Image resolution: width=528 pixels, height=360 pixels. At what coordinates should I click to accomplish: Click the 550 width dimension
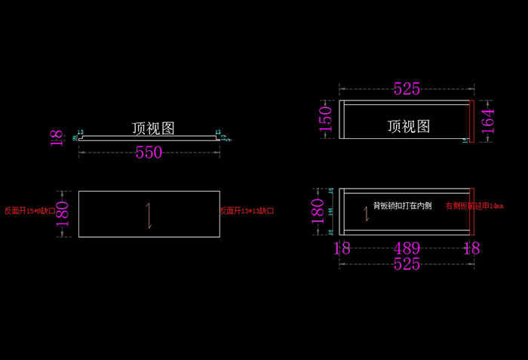tap(149, 152)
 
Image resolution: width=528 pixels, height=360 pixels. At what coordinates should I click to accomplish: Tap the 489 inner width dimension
tap(407, 248)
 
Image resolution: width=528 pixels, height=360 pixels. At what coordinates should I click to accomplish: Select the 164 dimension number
tap(490, 120)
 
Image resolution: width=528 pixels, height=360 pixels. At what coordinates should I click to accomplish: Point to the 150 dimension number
tap(326, 119)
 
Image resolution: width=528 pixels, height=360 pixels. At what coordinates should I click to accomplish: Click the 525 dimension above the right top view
tap(407, 89)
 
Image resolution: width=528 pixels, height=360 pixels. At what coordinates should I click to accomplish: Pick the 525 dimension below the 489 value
tap(407, 264)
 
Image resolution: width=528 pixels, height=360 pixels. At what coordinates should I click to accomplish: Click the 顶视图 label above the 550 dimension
tap(153, 128)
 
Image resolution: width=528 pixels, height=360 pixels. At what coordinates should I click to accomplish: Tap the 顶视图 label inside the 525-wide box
tap(409, 126)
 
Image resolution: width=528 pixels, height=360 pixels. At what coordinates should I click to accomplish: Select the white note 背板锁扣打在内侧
tap(402, 205)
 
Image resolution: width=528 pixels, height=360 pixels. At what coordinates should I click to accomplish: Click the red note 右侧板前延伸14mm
tap(474, 205)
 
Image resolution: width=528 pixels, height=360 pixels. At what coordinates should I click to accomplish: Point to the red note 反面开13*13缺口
tap(247, 211)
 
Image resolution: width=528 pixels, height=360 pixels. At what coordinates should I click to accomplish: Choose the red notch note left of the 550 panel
tap(30, 211)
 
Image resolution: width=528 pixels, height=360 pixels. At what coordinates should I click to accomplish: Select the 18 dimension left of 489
tap(342, 248)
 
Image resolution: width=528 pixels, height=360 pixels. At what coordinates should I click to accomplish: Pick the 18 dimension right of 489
tap(471, 248)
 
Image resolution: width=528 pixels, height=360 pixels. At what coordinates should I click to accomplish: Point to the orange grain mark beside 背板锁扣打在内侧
tap(367, 214)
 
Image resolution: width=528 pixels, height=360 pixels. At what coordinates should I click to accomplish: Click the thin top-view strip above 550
tap(149, 138)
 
